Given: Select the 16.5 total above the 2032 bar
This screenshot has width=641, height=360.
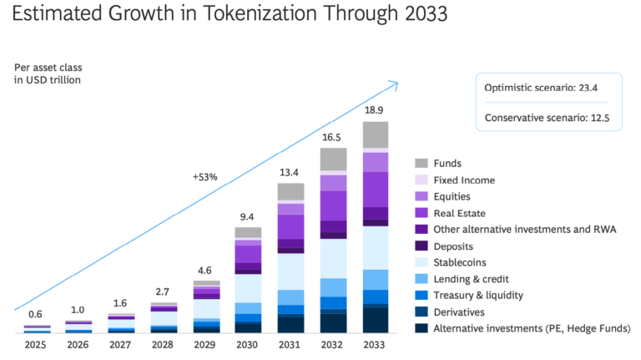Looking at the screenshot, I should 333,137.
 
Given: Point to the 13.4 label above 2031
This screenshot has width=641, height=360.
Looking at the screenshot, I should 290,172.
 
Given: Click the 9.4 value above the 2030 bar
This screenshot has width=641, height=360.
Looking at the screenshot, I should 248,216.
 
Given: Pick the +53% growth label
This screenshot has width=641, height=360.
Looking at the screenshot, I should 204,177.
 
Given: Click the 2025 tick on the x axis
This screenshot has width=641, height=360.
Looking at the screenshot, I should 36,344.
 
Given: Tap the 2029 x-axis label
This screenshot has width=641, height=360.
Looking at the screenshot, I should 205,344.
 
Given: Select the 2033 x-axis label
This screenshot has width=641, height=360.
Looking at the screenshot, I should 376,344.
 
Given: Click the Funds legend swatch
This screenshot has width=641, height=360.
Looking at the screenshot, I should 421,164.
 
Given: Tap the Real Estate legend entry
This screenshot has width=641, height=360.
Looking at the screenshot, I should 463,213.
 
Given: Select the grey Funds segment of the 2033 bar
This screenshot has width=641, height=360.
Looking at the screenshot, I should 376,134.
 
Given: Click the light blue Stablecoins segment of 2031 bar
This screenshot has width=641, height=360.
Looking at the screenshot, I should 290,271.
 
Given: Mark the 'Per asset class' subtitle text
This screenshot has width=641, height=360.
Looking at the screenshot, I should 48,67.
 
